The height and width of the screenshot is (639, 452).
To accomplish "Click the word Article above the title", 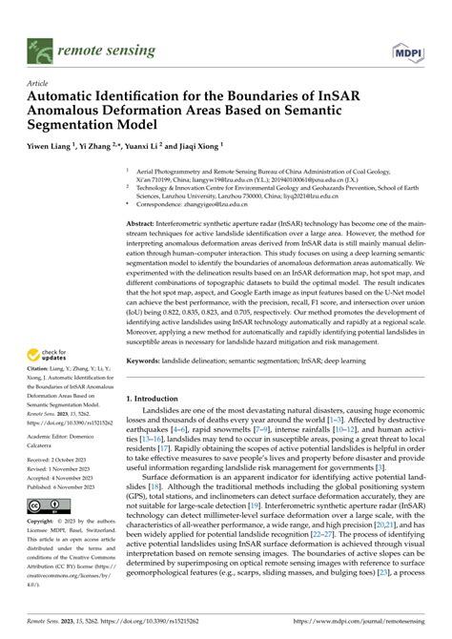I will (39, 84).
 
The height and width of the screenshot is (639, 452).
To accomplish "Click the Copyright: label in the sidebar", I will (46, 523).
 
